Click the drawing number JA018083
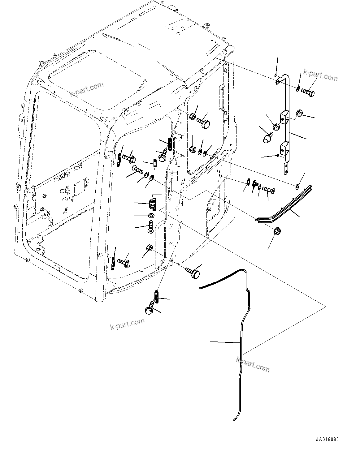pyautogui.click(x=327, y=440)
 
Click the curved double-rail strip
pyautogui.click(x=285, y=208)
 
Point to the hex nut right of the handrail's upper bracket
pyautogui.click(x=299, y=113)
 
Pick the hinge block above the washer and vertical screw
pyautogui.click(x=153, y=204)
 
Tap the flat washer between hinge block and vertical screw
pyautogui.click(x=151, y=216)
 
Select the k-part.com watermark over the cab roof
pyautogui.click(x=86, y=89)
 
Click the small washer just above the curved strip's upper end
pyautogui.click(x=297, y=186)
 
